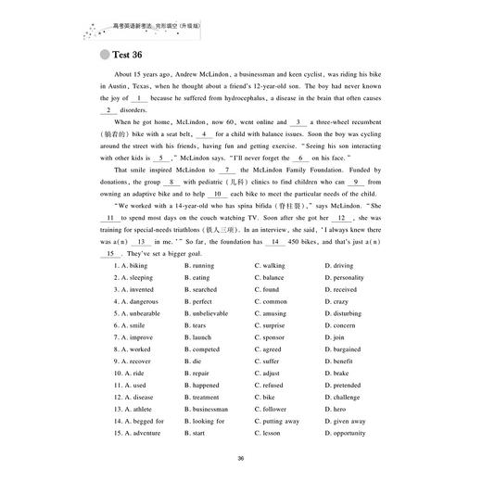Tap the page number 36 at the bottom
click(x=241, y=458)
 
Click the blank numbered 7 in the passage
click(x=226, y=171)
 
